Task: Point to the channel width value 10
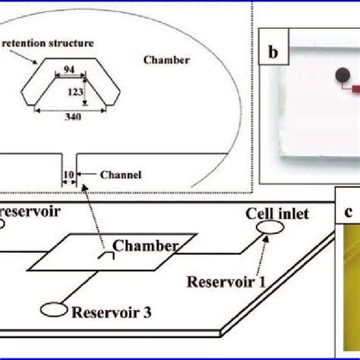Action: [x=68, y=175]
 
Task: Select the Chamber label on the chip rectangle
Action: [x=145, y=245]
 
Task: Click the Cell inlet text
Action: [x=277, y=214]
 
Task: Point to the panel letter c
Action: [x=347, y=213]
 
